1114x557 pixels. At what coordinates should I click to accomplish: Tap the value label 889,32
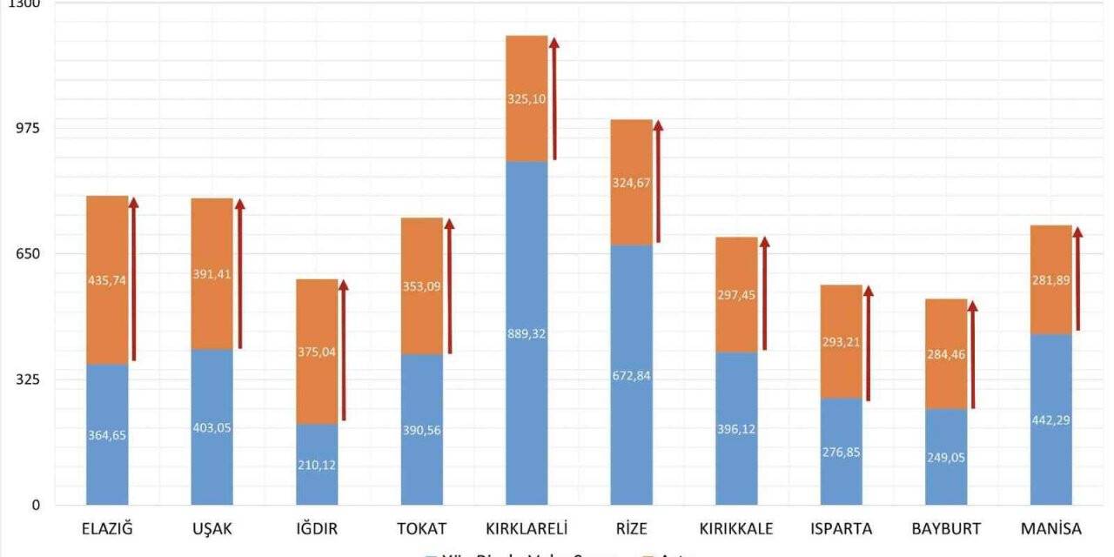coord(527,333)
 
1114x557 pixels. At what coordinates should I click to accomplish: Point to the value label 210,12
coord(317,465)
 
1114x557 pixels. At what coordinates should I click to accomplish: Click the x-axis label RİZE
coord(631,529)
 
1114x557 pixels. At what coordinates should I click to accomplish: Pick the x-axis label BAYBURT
coord(946,529)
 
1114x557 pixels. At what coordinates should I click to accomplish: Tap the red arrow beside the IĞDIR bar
coord(343,350)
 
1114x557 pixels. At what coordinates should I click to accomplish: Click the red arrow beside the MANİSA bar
coord(1077,278)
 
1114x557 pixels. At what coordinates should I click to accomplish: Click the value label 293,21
coord(841,342)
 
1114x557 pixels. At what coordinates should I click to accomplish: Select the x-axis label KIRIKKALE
coord(736,529)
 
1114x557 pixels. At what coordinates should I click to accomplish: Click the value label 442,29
coord(1050,419)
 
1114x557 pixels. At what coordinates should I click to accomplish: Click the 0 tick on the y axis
coord(36,506)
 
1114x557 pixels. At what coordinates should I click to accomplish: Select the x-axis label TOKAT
coord(422,529)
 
